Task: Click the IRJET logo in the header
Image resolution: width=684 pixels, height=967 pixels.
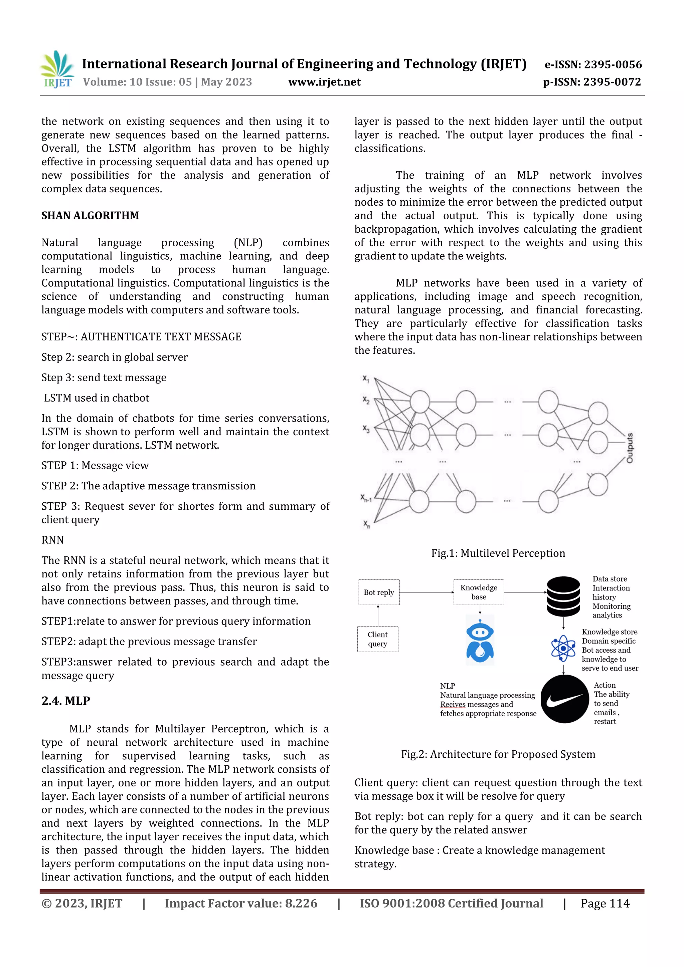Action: (x=57, y=69)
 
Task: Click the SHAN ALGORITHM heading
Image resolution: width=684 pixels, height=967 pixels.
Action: (x=90, y=216)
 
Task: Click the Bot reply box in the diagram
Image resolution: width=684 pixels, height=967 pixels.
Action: (x=379, y=592)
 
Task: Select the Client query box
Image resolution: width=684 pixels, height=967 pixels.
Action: (x=378, y=639)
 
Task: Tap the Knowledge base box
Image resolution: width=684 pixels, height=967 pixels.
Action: (x=479, y=592)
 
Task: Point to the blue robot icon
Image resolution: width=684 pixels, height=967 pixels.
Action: (x=480, y=639)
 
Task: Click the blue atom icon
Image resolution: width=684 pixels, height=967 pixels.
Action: (x=563, y=648)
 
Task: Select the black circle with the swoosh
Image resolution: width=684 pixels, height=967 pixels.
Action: (x=564, y=699)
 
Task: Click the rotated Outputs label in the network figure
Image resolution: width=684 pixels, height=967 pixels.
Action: (x=629, y=448)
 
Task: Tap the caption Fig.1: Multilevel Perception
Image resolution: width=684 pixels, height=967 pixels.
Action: (x=498, y=553)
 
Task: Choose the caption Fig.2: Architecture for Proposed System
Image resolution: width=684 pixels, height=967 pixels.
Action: (x=498, y=754)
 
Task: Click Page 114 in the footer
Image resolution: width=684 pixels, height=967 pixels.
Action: (x=605, y=903)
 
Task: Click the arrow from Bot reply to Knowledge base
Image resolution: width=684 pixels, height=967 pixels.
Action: (x=426, y=592)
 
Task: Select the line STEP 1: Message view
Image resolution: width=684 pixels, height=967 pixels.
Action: (x=95, y=465)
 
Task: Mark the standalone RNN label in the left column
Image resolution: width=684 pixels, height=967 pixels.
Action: (x=53, y=540)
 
